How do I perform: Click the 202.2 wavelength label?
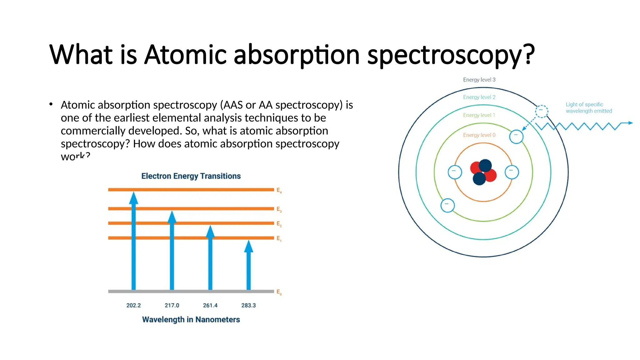(x=133, y=305)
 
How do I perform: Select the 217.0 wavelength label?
(x=172, y=305)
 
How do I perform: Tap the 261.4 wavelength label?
(x=210, y=305)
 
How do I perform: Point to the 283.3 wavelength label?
(x=248, y=305)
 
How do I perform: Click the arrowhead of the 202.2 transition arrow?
(x=134, y=198)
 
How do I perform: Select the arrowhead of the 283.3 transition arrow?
(x=248, y=247)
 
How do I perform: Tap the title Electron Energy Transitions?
(x=191, y=176)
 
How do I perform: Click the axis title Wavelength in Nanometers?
(x=191, y=319)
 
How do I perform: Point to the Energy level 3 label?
(x=479, y=80)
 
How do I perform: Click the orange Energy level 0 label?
(x=479, y=135)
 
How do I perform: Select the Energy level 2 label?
(x=479, y=97)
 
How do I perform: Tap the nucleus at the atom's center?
(x=483, y=172)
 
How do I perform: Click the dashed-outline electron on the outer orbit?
(x=542, y=111)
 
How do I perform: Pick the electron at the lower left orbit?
(x=447, y=205)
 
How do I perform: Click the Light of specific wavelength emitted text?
(x=588, y=107)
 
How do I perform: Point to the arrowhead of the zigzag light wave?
(x=630, y=123)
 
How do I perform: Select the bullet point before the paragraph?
(x=51, y=104)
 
